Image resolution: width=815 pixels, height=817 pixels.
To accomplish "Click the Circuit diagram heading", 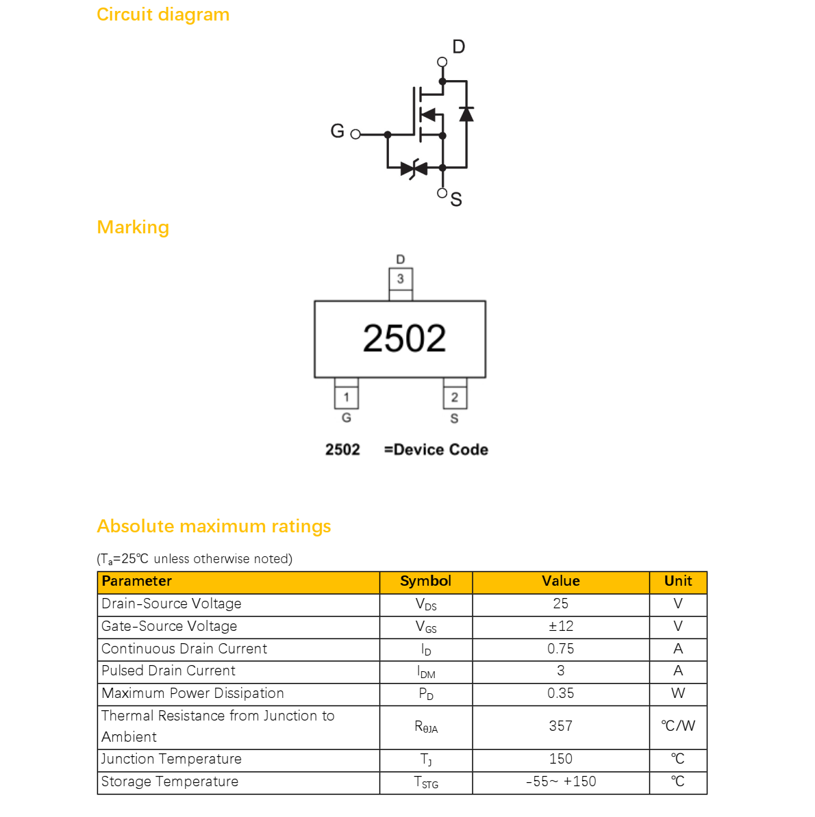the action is [x=163, y=14].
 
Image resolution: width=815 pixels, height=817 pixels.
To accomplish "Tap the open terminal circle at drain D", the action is [x=442, y=62].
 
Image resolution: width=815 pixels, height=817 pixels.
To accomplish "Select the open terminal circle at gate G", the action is [x=355, y=134].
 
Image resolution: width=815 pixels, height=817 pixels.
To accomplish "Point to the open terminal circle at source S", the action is [x=442, y=194].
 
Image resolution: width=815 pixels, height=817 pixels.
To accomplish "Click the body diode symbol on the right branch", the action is [x=466, y=114].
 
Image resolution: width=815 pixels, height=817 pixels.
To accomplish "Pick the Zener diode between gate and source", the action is [x=414, y=168].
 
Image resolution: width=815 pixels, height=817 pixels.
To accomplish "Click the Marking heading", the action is [x=133, y=228].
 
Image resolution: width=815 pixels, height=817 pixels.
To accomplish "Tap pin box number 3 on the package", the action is [x=401, y=279].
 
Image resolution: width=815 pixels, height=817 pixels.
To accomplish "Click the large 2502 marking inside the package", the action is [x=404, y=339].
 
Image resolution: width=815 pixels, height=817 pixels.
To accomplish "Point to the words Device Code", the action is [x=441, y=450].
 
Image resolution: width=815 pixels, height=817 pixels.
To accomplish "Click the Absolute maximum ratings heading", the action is [x=214, y=527].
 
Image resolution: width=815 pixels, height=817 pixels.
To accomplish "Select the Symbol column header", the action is [x=425, y=581].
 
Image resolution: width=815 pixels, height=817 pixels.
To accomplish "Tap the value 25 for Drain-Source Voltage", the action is [x=560, y=604].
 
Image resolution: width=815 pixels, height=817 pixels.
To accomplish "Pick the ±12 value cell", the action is [x=560, y=626].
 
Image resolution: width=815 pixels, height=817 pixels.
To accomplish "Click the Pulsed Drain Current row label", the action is [x=168, y=671].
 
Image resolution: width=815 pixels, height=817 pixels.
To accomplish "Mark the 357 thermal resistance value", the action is [x=560, y=726].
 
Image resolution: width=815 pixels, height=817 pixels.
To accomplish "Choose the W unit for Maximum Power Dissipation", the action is [x=678, y=694].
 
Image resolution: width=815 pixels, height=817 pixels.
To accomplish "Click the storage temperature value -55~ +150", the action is [x=560, y=781].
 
